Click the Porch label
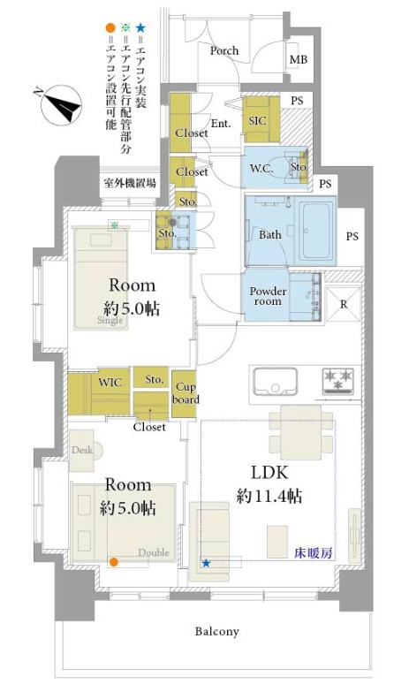pyautogui.click(x=224, y=50)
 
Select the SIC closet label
pyautogui.click(x=259, y=120)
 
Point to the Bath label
pyautogui.click(x=269, y=235)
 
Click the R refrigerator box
pyautogui.click(x=343, y=305)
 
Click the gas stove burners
pyautogui.click(x=337, y=381)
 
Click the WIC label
pyautogui.click(x=110, y=382)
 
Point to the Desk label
pyautogui.click(x=81, y=449)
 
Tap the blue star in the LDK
pyautogui.click(x=206, y=562)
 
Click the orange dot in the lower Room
pyautogui.click(x=113, y=561)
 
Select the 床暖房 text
pyautogui.click(x=314, y=553)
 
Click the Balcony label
pyautogui.click(x=217, y=631)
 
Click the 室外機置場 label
pyautogui.click(x=129, y=183)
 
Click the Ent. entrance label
pyautogui.click(x=220, y=124)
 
